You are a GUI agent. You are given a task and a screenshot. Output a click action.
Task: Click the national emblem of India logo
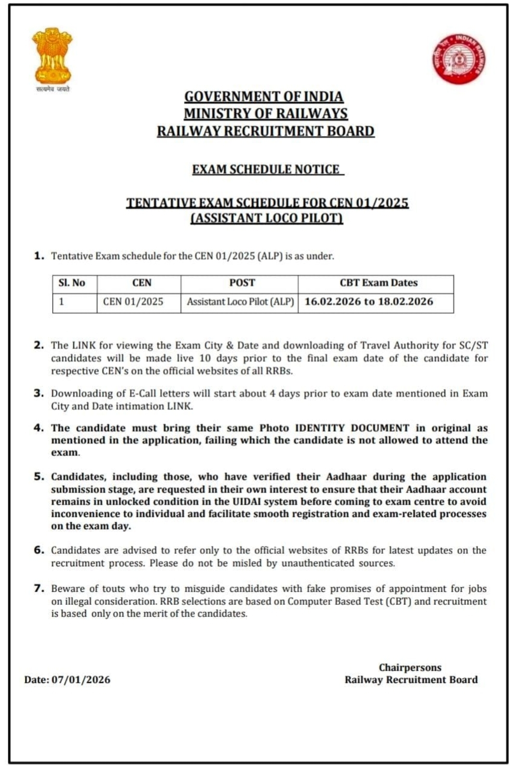(x=52, y=57)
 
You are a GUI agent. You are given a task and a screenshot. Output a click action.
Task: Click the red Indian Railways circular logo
(x=458, y=59)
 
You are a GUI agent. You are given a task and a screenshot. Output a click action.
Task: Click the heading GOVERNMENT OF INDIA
(x=264, y=96)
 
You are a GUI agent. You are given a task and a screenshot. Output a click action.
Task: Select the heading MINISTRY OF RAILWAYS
(x=265, y=114)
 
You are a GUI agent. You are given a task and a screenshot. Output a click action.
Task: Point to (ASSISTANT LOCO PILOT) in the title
(x=267, y=218)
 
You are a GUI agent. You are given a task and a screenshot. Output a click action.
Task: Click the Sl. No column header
(x=72, y=283)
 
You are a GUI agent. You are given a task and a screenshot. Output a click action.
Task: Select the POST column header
(x=242, y=283)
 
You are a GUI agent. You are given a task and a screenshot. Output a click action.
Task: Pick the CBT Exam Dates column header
(x=378, y=283)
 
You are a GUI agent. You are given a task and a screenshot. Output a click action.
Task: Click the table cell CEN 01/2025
(x=133, y=302)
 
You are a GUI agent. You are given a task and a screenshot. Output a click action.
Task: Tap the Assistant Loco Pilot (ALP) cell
(x=240, y=302)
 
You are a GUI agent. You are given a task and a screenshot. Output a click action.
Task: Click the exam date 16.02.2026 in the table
(x=333, y=302)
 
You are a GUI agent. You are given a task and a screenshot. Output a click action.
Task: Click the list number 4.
(x=39, y=428)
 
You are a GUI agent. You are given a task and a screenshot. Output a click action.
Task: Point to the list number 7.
(x=39, y=588)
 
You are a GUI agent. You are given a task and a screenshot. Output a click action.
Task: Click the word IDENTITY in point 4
(x=320, y=428)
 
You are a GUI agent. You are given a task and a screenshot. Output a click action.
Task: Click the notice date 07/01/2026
(x=81, y=680)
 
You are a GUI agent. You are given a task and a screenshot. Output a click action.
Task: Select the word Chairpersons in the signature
(x=410, y=667)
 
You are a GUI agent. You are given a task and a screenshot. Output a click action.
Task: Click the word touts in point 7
(x=113, y=588)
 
